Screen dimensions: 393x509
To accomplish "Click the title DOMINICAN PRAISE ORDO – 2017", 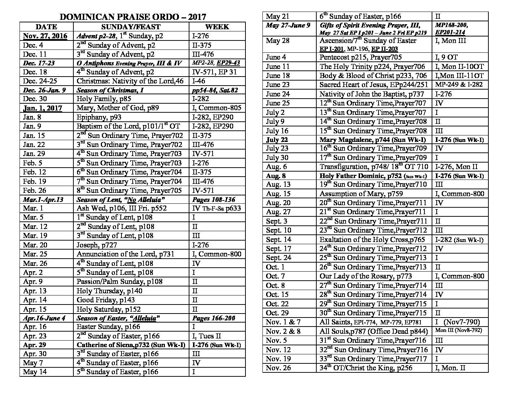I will tap(133, 17).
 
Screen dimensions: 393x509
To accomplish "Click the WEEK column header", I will tap(217, 27).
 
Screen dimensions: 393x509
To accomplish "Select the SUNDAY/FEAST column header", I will tap(131, 27).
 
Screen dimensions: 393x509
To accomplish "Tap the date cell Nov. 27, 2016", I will tap(45, 36).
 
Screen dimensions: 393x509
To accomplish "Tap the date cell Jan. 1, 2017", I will tap(43, 108).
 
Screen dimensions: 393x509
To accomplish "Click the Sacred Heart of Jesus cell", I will tap(373, 85).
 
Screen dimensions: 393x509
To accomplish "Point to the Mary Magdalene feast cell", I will tap(373, 140).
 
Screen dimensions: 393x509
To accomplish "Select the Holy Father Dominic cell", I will tap(373, 176).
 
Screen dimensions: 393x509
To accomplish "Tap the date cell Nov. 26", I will tap(278, 368).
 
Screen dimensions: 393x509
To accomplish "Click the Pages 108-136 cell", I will tap(213, 200).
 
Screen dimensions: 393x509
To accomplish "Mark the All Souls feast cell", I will tap(373, 331).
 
